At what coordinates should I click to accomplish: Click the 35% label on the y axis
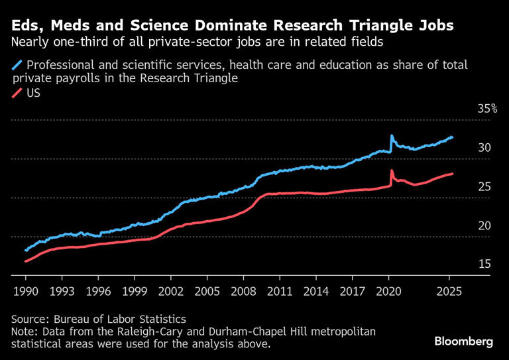pyautogui.click(x=487, y=109)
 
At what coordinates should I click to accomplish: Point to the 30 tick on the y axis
pyautogui.click(x=484, y=148)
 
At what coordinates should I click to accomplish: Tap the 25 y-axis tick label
pyautogui.click(x=484, y=187)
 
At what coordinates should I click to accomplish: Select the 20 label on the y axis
pyautogui.click(x=484, y=225)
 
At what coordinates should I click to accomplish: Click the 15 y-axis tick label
pyautogui.click(x=484, y=265)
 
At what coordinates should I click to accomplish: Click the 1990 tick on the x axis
pyautogui.click(x=25, y=290)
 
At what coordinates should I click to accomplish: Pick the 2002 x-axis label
pyautogui.click(x=170, y=290)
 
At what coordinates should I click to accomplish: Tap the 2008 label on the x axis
pyautogui.click(x=243, y=290)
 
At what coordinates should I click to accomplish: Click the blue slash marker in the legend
pyautogui.click(x=17, y=66)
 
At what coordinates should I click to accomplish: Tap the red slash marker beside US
pyautogui.click(x=17, y=93)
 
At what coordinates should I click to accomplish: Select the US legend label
pyautogui.click(x=34, y=93)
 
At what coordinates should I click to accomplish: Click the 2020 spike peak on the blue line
pyautogui.click(x=391, y=135)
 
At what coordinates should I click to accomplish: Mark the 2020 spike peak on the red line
pyautogui.click(x=391, y=170)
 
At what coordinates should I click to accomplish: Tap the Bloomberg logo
pyautogui.click(x=464, y=341)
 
